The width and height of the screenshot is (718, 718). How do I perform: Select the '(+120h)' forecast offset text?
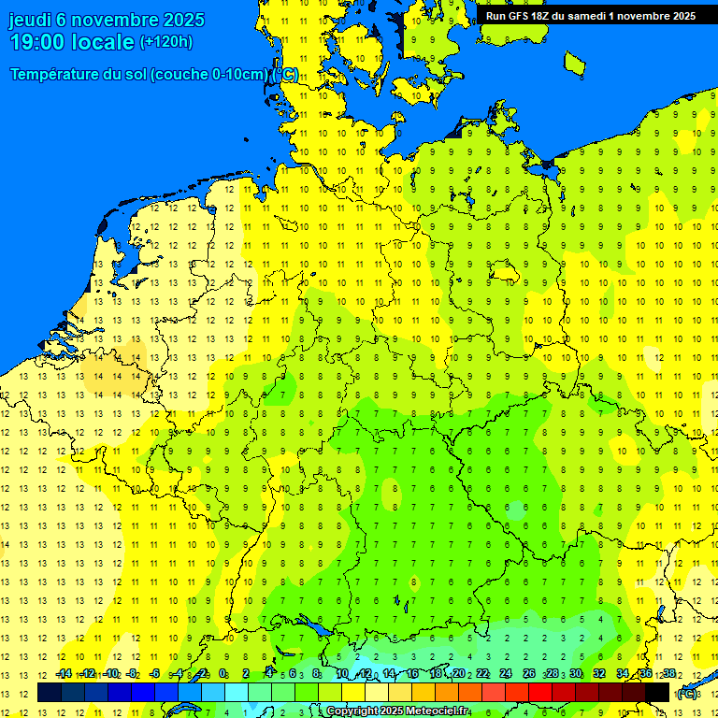click(x=166, y=41)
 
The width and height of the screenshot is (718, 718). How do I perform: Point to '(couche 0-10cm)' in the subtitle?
click(x=210, y=75)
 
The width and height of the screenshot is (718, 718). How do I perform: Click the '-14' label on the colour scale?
click(x=64, y=673)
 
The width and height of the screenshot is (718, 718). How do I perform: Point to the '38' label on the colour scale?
click(x=668, y=673)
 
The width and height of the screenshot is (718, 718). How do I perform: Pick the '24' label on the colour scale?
click(x=505, y=673)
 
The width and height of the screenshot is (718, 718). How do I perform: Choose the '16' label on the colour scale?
click(x=412, y=673)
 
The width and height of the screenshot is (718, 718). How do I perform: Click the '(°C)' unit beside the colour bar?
click(x=687, y=693)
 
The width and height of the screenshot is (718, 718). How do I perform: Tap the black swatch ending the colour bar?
click(x=657, y=692)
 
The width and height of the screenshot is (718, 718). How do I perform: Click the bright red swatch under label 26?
click(x=540, y=692)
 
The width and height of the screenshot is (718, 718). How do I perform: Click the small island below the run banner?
click(x=575, y=62)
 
